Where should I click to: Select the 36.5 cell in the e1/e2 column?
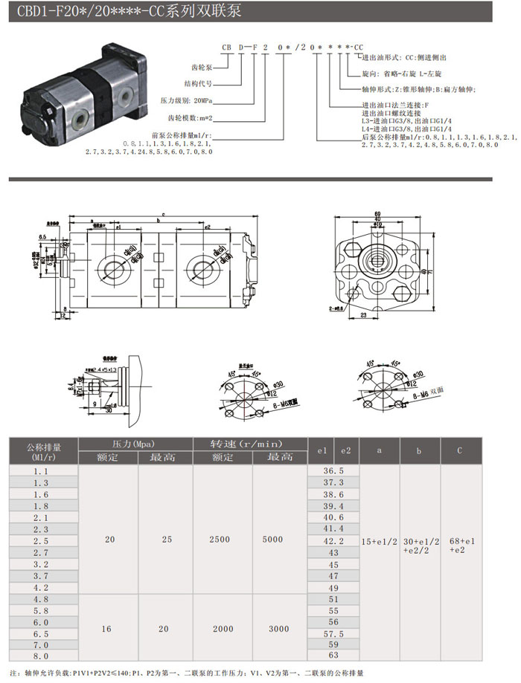click(333, 471)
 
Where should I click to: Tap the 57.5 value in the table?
click(333, 634)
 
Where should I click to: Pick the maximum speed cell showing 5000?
click(279, 539)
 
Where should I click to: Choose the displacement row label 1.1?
click(42, 471)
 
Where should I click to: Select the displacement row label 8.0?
click(42, 656)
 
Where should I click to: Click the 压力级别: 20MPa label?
click(187, 99)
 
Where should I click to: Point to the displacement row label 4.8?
click(42, 598)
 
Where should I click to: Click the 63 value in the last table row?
click(333, 656)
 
